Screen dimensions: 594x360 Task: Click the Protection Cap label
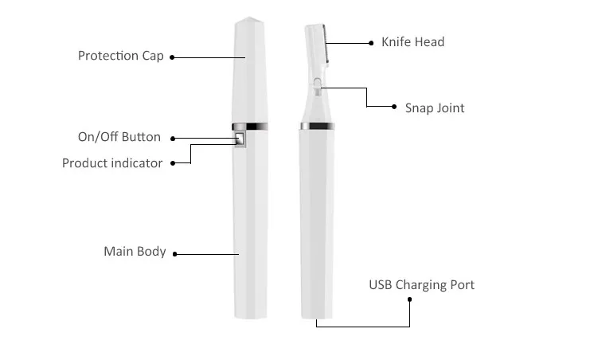120,56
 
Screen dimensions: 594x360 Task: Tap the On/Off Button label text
119,137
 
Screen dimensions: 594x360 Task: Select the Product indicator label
112,163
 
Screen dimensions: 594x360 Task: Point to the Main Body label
135,252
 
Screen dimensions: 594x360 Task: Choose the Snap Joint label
434,108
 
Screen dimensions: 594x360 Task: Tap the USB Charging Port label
421,284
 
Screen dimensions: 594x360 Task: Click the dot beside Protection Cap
172,57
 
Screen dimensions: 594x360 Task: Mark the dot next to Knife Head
371,42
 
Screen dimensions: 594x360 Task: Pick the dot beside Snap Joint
393,107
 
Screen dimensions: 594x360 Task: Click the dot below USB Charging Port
410,299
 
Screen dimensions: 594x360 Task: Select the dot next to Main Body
175,254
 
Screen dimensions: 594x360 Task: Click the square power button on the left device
240,140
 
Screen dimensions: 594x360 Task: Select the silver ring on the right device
317,126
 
